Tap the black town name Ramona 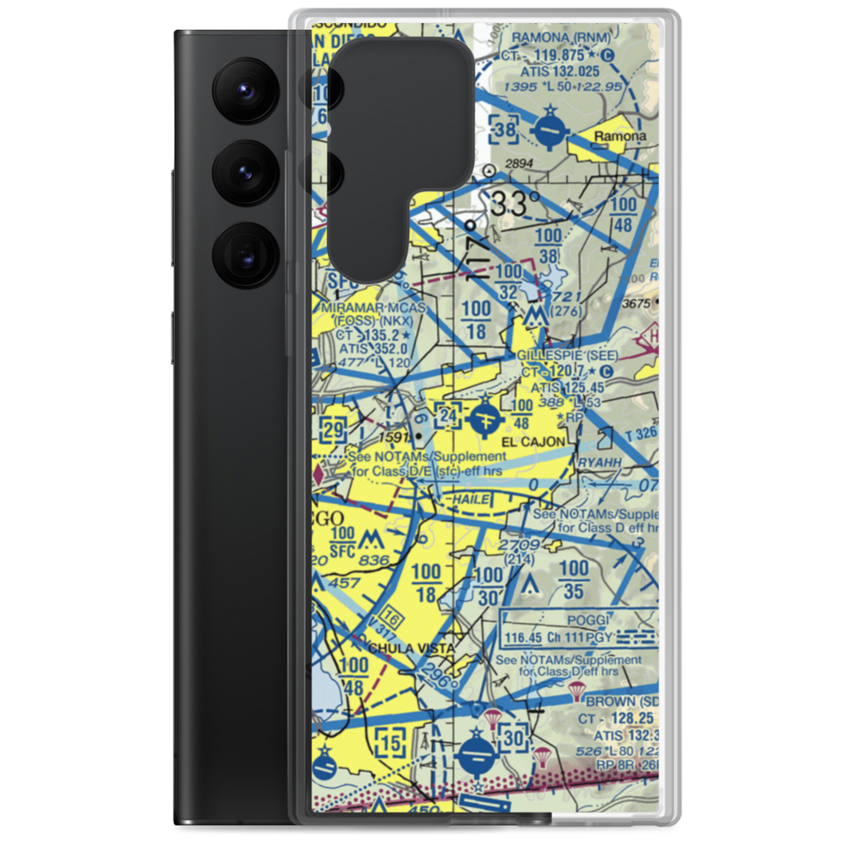pos(620,136)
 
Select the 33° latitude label pos(514,204)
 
